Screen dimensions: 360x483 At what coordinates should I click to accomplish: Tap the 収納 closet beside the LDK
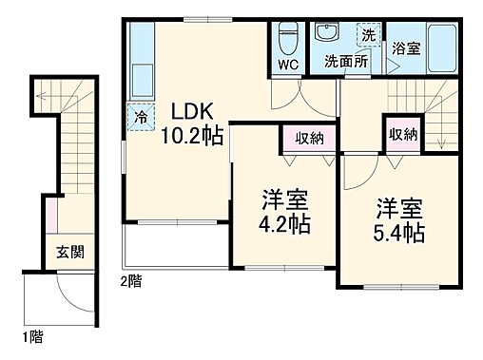pyautogui.click(x=307, y=138)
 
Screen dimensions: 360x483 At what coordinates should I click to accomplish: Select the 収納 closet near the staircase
pyautogui.click(x=402, y=134)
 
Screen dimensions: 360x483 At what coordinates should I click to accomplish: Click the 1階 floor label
pyautogui.click(x=31, y=337)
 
